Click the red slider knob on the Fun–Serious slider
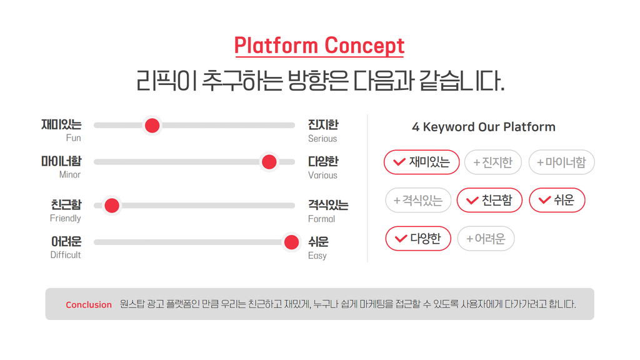click(x=152, y=126)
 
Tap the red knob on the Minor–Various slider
click(x=269, y=162)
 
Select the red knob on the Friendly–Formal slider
click(x=112, y=205)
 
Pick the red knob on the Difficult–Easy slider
click(x=291, y=242)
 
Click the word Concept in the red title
click(x=364, y=46)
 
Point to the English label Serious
click(x=322, y=139)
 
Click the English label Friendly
click(x=65, y=218)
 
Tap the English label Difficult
click(x=65, y=255)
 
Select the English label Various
click(x=322, y=176)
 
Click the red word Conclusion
click(x=89, y=305)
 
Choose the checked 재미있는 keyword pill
click(x=422, y=162)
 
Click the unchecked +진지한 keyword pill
click(x=493, y=162)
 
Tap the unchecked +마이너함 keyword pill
click(x=562, y=162)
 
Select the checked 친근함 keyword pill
click(x=489, y=200)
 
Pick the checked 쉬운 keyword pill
click(x=557, y=200)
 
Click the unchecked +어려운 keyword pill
click(x=486, y=238)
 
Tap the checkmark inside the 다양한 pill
click(x=401, y=238)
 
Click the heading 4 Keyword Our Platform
click(x=484, y=127)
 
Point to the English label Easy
click(x=317, y=256)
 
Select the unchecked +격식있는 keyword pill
click(x=418, y=200)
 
